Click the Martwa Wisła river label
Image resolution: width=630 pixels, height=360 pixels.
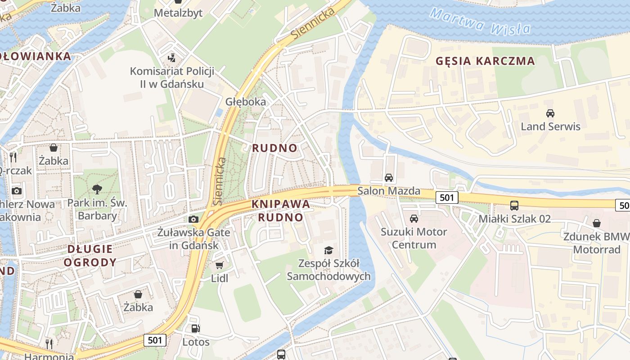coord(480,22)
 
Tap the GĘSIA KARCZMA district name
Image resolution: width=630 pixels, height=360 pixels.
coord(485,61)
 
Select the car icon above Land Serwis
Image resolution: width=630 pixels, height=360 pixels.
coord(550,113)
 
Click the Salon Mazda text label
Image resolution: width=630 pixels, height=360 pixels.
coord(389,191)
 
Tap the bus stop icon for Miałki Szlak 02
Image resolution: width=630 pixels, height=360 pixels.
coord(514,206)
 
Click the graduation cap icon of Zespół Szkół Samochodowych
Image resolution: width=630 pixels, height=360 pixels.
coord(328,250)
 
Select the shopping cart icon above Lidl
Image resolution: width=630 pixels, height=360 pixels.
coord(219,265)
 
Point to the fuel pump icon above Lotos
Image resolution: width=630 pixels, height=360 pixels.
coord(195,329)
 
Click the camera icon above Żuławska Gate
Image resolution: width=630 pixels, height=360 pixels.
coord(193,219)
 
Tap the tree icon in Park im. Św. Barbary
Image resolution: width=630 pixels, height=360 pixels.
coord(97,189)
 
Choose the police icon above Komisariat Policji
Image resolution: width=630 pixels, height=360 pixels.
coord(171,58)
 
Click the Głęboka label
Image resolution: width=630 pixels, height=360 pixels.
coord(246,102)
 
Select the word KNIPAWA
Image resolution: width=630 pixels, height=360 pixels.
coord(281,204)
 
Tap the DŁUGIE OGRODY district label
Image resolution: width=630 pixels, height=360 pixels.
coord(90,255)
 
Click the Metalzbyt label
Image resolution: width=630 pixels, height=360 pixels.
coord(178,13)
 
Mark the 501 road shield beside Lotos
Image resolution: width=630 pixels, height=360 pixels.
coord(155,340)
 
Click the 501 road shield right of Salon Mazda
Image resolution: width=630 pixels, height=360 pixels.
coord(446,197)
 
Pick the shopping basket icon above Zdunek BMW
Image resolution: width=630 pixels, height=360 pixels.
coord(596,223)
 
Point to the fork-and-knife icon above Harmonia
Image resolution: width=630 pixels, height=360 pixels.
coord(49,344)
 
